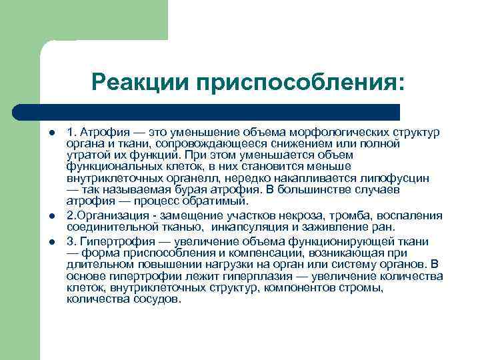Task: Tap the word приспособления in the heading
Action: [x=300, y=84]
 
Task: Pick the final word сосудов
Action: [x=157, y=299]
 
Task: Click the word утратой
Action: [x=87, y=155]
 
